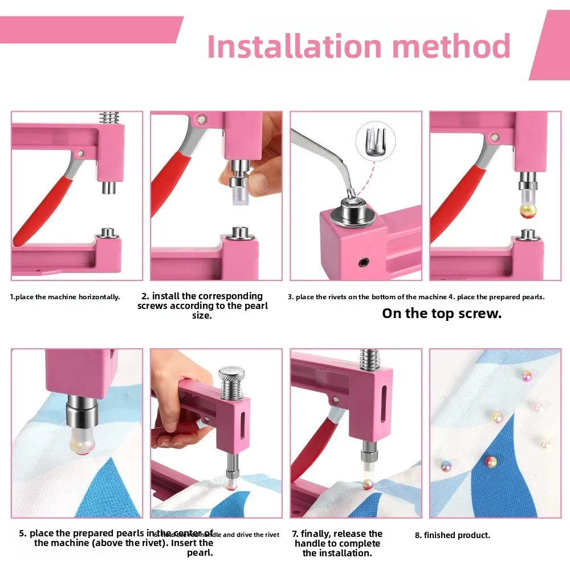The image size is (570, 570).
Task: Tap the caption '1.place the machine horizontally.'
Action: pos(65,297)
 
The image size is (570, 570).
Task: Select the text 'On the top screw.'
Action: pos(442,313)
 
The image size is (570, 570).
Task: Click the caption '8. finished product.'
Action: pos(453,535)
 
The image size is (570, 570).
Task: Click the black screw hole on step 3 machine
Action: pos(361,262)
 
